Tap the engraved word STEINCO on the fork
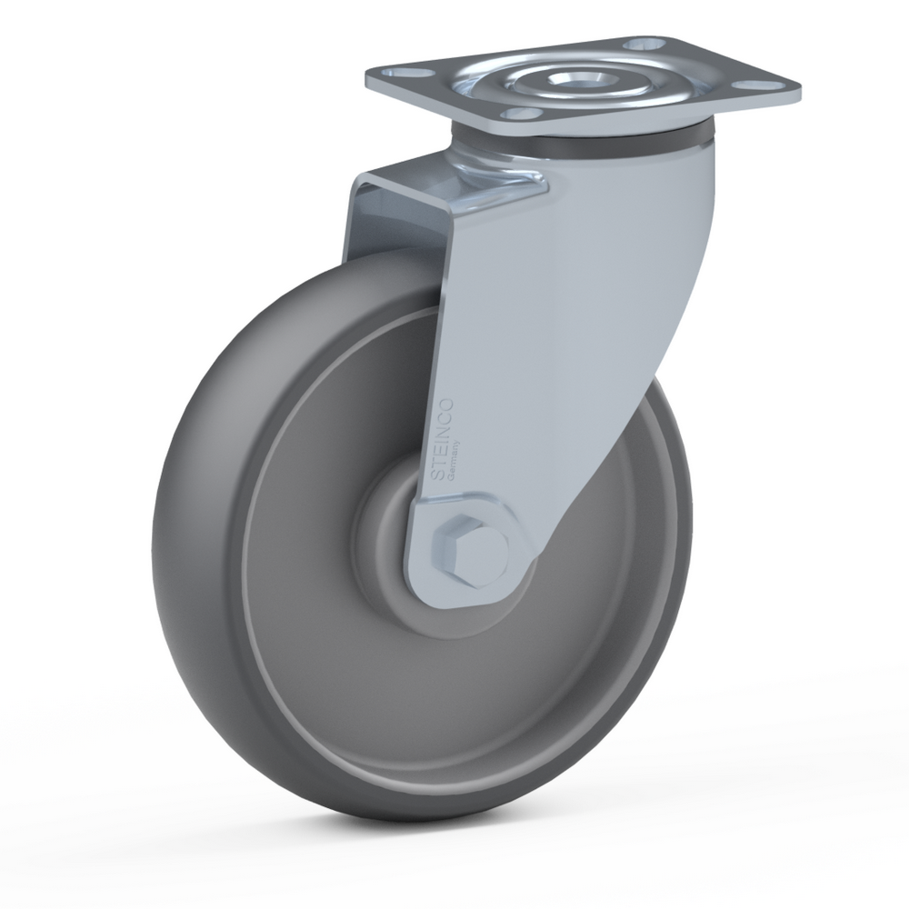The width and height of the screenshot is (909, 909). point(445,439)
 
